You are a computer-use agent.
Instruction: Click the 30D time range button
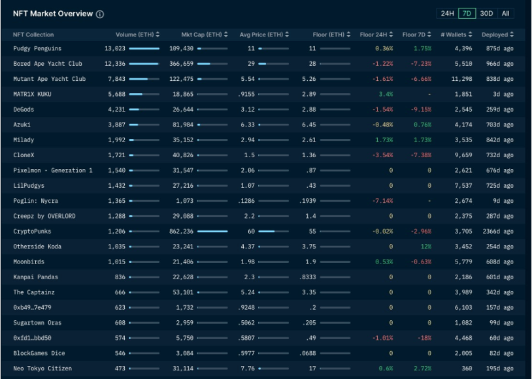pos(486,13)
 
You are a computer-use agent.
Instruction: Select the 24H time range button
pos(447,13)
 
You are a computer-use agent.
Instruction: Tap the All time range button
pos(506,13)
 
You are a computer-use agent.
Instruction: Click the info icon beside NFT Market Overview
pos(99,14)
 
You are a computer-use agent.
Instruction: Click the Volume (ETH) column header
pos(135,35)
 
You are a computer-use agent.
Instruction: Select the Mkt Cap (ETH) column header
pos(202,35)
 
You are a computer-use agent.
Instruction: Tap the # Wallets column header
pos(456,35)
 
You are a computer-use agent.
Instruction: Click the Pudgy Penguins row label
pos(37,48)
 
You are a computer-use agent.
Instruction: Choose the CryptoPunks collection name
pos(32,231)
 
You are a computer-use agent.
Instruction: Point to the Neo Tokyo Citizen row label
pos(42,369)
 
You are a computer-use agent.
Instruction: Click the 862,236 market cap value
pos(181,231)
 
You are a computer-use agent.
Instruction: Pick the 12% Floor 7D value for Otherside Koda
pos(425,247)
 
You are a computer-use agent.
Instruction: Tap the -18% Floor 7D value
pos(425,338)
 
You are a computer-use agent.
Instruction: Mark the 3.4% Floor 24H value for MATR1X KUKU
pos(386,94)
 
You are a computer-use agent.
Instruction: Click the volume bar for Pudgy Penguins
pos(144,48)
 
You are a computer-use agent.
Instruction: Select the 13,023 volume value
pos(115,48)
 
